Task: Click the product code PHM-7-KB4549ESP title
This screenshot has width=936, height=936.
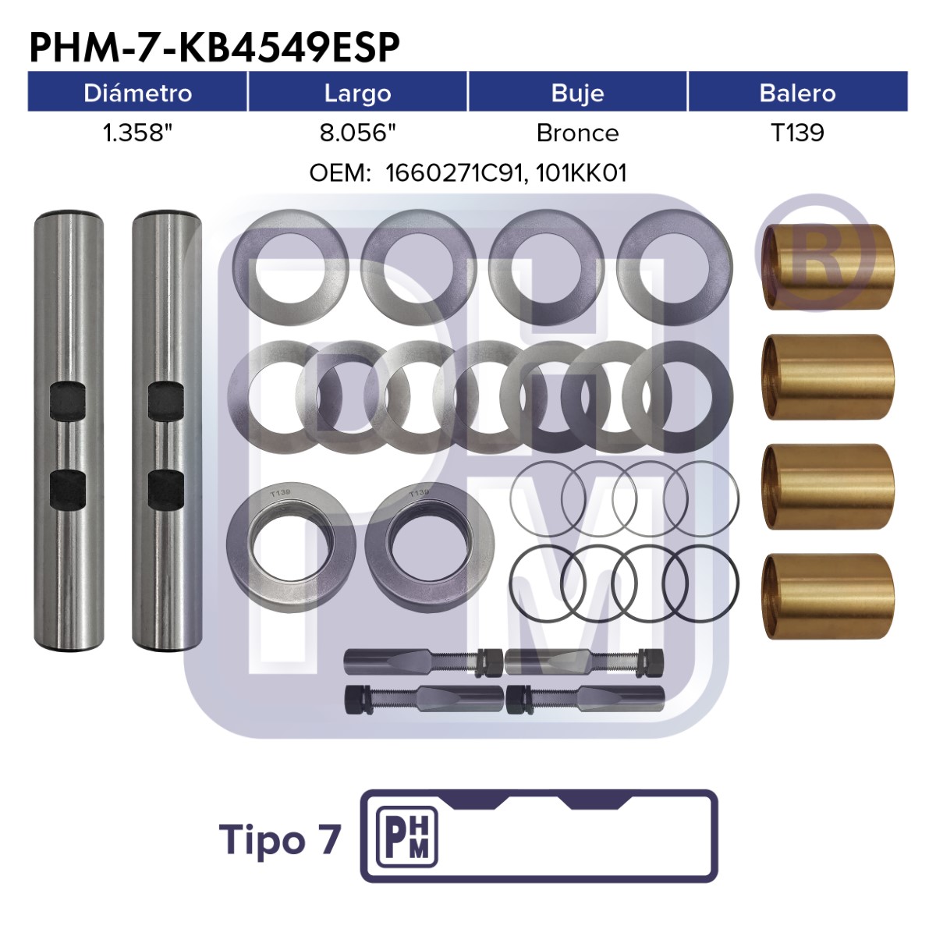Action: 214,47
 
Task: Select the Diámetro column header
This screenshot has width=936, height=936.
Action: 137,93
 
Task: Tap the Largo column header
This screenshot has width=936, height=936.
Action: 357,94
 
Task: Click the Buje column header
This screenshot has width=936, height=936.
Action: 577,94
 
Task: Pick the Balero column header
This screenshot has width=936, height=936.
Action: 798,93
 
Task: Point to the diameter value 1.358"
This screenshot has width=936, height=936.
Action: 138,133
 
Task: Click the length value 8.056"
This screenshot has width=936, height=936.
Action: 358,133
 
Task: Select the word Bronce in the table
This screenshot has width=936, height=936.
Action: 577,133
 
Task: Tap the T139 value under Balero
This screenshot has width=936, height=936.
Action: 798,133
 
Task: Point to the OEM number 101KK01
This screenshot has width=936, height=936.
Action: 581,173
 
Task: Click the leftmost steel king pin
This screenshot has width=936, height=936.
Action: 69,431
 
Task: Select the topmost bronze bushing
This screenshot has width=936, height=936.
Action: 828,267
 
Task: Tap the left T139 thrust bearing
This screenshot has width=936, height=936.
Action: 291,550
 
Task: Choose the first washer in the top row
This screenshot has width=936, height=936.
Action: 290,268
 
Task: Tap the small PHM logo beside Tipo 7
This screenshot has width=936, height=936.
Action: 407,844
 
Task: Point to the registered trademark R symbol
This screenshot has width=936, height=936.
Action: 814,253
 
